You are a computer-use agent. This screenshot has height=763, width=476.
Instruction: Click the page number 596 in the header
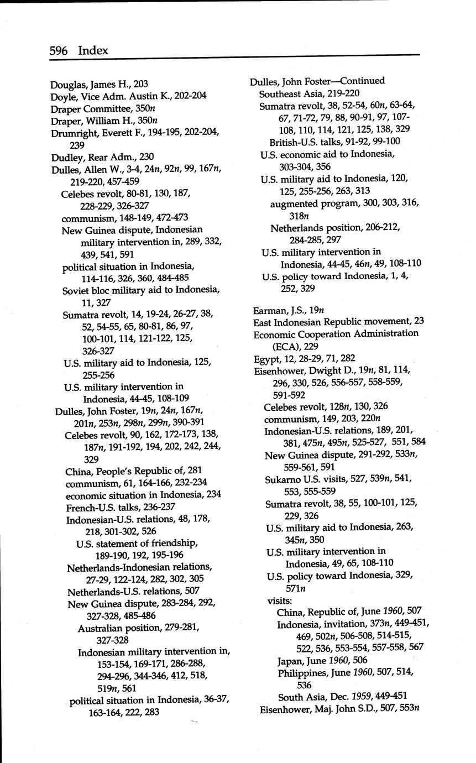point(59,51)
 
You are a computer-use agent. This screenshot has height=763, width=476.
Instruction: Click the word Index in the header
point(93,51)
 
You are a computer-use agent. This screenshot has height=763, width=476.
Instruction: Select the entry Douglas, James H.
point(99,84)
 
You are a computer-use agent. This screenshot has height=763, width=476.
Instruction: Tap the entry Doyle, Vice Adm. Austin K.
point(128,96)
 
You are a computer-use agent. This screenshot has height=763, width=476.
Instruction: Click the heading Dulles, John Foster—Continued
point(317,81)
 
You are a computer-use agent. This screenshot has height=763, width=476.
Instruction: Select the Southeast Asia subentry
point(309,93)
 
